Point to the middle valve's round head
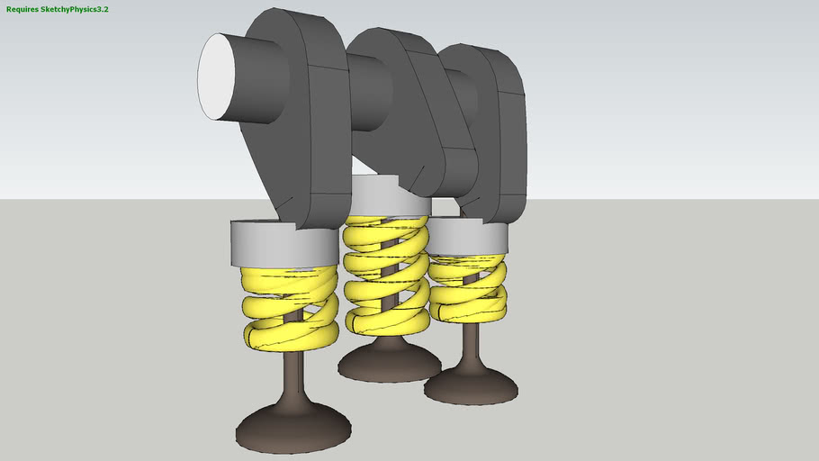click(389, 361)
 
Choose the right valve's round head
click(470, 385)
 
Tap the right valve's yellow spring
click(466, 288)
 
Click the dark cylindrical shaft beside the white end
click(261, 81)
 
